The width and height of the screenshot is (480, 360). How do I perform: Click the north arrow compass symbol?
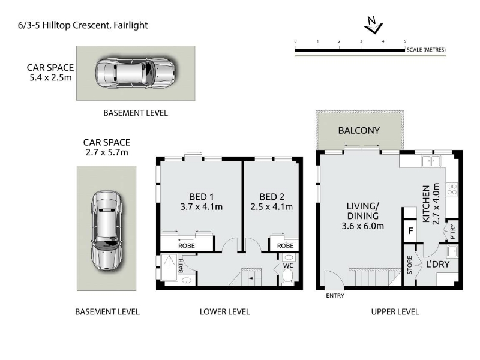[x=374, y=26]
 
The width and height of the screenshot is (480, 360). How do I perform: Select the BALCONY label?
[x=359, y=131]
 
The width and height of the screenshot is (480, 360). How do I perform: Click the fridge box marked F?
[x=410, y=230]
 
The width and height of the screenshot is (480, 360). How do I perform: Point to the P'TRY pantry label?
[x=453, y=232]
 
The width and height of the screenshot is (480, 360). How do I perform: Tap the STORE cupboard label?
[x=410, y=265]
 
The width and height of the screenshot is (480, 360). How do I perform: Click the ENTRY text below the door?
[x=335, y=296]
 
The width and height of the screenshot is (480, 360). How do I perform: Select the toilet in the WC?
[x=288, y=278]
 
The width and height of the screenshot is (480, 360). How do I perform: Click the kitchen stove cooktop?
[x=452, y=189]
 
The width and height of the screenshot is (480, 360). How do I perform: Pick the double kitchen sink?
[x=431, y=161]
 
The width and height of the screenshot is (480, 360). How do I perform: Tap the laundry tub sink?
[x=452, y=251]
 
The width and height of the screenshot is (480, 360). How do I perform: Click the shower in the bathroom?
[x=169, y=267]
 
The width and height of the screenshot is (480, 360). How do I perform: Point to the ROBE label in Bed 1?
[x=187, y=245]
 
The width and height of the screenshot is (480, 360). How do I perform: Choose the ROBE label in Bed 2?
[x=285, y=245]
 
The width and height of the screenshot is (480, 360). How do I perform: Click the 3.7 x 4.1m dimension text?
[x=202, y=207]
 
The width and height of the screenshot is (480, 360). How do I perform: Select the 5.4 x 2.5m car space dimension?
[x=50, y=77]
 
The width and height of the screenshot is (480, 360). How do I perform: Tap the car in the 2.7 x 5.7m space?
[x=106, y=231]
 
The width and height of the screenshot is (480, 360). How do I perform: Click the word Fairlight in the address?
[x=131, y=25]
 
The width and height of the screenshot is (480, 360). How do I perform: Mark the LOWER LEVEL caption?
[x=224, y=312]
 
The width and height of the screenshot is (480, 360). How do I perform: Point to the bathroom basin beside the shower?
[x=185, y=280]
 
